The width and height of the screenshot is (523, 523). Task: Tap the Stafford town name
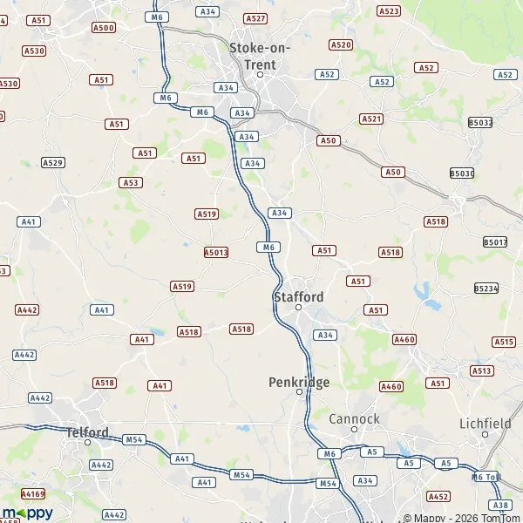tap(298, 296)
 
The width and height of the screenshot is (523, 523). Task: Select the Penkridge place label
tap(298, 381)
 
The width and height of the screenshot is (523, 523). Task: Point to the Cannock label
tap(354, 418)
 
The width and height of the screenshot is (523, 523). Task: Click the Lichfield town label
tap(485, 424)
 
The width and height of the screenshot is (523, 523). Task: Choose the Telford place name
tap(87, 431)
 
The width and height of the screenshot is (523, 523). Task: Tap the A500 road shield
tap(103, 28)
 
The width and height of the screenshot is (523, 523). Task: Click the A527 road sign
tap(255, 18)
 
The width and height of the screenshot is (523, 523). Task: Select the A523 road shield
tap(389, 11)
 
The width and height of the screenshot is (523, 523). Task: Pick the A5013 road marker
tap(216, 253)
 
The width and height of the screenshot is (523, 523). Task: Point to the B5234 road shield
tap(486, 288)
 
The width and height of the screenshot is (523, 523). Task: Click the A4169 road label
tap(33, 493)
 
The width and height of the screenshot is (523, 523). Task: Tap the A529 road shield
tap(53, 163)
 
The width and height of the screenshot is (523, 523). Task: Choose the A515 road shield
tap(504, 342)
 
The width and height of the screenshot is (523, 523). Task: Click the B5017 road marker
tap(494, 241)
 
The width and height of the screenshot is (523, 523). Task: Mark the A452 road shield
tap(438, 496)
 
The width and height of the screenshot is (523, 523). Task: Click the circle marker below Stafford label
tap(298, 308)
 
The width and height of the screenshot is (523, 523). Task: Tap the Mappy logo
tap(28, 513)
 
